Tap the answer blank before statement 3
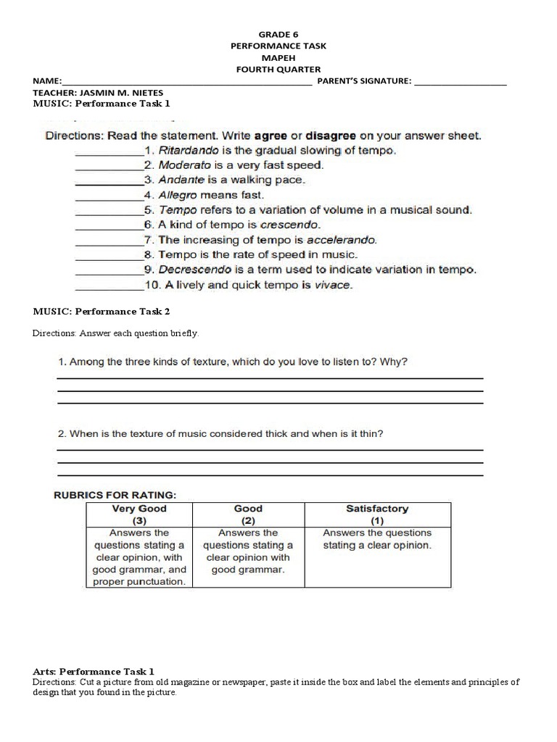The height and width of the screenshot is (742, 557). point(109,180)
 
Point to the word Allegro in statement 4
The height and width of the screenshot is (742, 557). point(178,195)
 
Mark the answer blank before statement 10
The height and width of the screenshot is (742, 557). point(109,285)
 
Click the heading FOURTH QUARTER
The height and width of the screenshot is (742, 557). point(278,69)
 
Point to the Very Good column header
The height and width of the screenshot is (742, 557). point(139,514)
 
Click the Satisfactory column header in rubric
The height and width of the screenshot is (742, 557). point(377,514)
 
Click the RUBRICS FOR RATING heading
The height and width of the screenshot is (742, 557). point(115,495)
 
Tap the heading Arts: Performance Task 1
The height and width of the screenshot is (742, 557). point(94,672)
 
